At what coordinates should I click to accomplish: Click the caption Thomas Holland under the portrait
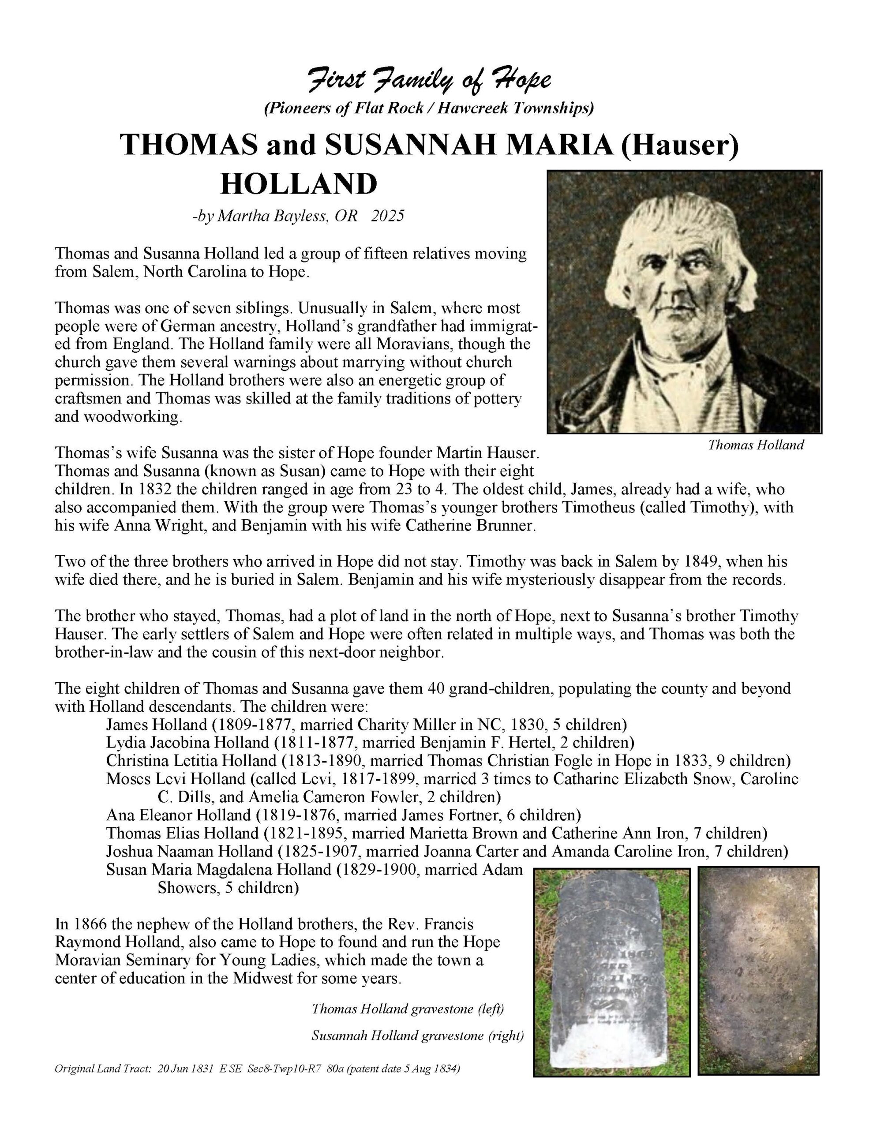[756, 445]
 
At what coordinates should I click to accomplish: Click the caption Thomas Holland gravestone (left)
[408, 1009]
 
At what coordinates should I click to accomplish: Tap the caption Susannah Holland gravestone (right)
[417, 1036]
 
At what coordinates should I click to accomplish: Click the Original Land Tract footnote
[258, 1069]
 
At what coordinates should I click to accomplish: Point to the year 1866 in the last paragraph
[83, 924]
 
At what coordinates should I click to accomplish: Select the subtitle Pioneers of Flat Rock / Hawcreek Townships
[429, 108]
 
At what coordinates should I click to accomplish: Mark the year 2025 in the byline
[387, 216]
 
